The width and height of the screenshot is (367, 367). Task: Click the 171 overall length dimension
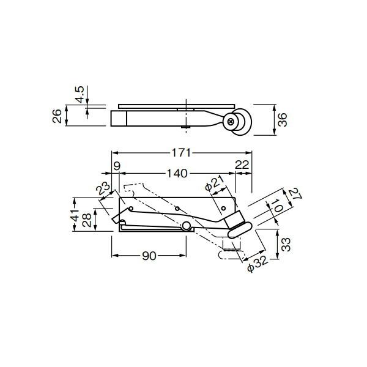182,153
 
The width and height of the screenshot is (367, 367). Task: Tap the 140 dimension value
177,174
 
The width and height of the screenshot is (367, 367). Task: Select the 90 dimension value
149,256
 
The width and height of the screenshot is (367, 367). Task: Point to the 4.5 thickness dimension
80,95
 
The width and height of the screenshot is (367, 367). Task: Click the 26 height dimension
57,116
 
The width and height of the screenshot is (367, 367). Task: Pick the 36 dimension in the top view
283,120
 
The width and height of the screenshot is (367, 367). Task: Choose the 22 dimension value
242,165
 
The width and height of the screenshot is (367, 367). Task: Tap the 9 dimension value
117,166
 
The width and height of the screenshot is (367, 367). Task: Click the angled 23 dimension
103,188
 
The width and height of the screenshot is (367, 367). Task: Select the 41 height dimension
75,215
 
